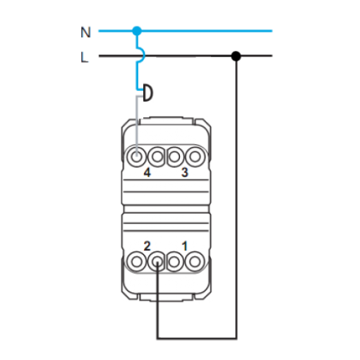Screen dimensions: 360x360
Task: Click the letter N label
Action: point(85,32)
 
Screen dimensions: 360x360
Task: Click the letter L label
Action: point(84,57)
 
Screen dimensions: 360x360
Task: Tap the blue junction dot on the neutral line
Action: point(137,31)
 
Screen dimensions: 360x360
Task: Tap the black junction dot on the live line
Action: point(236,56)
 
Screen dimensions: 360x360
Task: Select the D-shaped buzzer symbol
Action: point(148,92)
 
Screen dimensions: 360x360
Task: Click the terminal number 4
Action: point(147,173)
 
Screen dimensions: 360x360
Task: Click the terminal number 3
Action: point(185,172)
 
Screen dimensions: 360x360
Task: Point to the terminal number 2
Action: point(147,246)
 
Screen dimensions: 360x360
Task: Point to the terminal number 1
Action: point(185,246)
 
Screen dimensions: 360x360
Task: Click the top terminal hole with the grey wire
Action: point(137,157)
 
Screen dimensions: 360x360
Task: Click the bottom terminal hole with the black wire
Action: point(157,262)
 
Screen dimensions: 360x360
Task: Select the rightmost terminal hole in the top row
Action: point(195,157)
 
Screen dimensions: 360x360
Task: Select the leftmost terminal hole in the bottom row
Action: point(137,262)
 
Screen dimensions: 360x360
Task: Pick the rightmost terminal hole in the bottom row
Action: point(195,262)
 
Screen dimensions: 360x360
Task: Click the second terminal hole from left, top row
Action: point(157,157)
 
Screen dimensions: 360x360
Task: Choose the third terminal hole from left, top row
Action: point(174,157)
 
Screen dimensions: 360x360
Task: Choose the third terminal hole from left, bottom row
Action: point(174,262)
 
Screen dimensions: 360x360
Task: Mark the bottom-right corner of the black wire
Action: point(236,339)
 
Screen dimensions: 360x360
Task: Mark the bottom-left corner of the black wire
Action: point(157,339)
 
